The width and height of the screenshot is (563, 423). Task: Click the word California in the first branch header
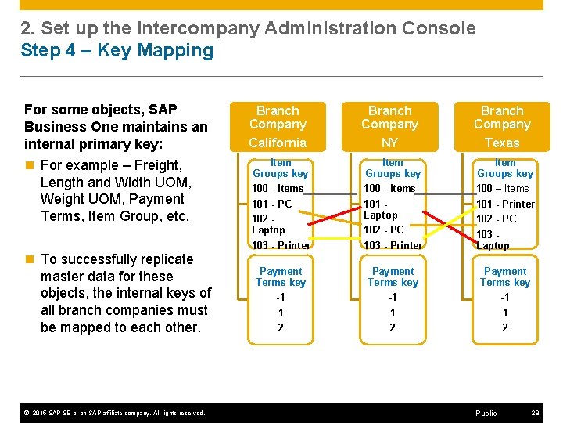[x=278, y=143]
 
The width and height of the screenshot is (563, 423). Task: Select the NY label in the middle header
[x=389, y=143]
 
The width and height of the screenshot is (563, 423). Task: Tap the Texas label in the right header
[x=502, y=143]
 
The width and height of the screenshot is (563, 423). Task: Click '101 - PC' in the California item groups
[x=271, y=204]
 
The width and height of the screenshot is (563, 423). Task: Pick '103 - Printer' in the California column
[x=281, y=245]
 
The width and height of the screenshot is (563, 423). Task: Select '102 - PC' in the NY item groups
[x=384, y=230]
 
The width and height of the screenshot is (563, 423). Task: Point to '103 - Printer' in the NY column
[x=393, y=245]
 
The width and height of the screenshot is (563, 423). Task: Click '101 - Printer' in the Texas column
[x=505, y=204]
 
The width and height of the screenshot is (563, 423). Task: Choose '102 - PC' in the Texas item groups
[x=496, y=219]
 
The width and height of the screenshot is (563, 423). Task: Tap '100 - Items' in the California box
[x=278, y=188]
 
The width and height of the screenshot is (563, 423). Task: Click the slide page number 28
[x=536, y=413]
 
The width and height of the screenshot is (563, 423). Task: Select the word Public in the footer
[x=486, y=413]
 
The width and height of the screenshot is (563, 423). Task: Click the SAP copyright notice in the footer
[x=115, y=413]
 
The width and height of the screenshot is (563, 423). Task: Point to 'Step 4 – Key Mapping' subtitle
[x=117, y=51]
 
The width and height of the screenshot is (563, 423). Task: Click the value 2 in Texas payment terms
[x=504, y=327]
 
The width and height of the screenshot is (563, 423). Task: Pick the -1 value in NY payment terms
[x=393, y=298]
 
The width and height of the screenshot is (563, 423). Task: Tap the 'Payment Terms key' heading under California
[x=281, y=277]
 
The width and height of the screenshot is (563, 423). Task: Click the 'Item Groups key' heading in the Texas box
[x=505, y=168]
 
